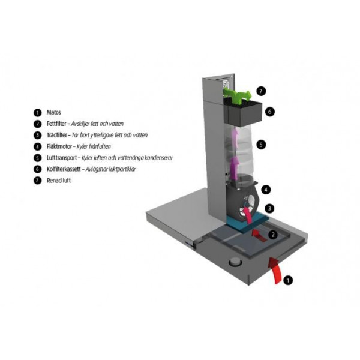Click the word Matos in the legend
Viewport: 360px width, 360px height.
[54, 113]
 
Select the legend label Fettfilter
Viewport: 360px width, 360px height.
[56, 124]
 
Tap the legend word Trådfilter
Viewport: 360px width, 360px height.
[57, 135]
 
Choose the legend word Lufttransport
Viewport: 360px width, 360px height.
[62, 158]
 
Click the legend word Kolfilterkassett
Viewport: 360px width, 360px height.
[64, 169]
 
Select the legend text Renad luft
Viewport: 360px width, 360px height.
[59, 181]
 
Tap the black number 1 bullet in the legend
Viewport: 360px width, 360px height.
[37, 113]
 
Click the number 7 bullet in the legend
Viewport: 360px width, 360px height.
[37, 181]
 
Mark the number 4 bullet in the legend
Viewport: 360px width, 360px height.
[37, 146]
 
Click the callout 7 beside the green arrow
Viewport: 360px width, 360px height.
[260, 91]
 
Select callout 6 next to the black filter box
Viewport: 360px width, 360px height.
[270, 112]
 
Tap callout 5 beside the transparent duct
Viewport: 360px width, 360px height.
[261, 145]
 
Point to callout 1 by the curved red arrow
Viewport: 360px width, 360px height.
[288, 280]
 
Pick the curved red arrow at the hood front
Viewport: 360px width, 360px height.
[276, 271]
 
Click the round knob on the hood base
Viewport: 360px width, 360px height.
[235, 262]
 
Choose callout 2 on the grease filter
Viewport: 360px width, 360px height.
[273, 235]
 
